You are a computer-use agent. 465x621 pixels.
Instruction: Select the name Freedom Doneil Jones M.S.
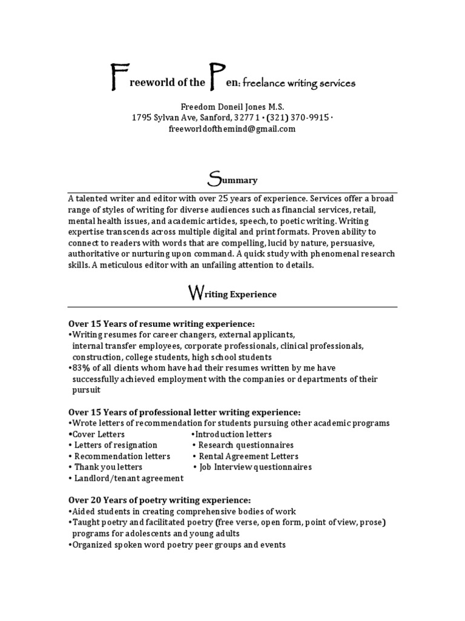coord(232,106)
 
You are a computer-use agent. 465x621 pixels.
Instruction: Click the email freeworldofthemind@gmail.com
coord(232,129)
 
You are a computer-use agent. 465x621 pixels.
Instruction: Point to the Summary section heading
coord(232,180)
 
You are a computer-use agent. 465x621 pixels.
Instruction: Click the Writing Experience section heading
coord(232,294)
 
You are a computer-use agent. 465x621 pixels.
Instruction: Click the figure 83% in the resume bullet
coord(81,368)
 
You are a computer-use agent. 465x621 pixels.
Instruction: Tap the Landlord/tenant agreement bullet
coord(128,478)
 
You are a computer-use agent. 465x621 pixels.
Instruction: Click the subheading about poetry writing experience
coord(159,500)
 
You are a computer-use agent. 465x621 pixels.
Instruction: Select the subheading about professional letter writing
coord(184,412)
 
